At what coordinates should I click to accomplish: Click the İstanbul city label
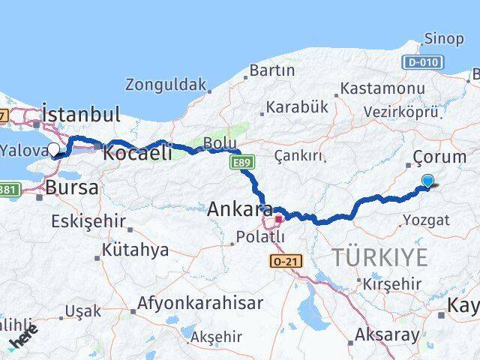(x=82, y=115)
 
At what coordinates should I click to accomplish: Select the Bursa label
(x=72, y=187)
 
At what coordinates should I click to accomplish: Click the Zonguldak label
(x=164, y=84)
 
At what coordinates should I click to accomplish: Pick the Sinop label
(x=443, y=39)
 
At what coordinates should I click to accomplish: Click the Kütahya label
(x=135, y=250)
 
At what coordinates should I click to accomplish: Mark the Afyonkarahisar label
(x=199, y=304)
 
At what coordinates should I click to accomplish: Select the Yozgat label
(x=426, y=220)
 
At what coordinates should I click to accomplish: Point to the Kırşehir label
(x=391, y=284)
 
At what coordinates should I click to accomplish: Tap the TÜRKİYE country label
(x=381, y=257)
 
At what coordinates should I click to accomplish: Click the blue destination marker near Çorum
(x=427, y=181)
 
